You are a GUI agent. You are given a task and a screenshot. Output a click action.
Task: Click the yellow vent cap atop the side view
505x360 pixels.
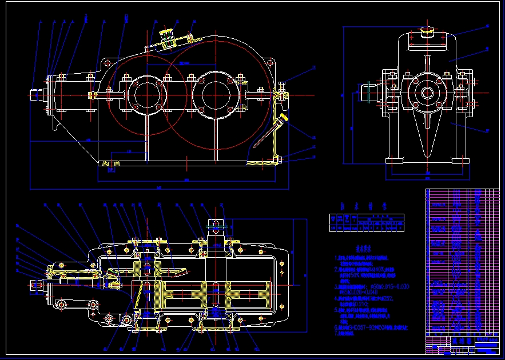coord(427,31)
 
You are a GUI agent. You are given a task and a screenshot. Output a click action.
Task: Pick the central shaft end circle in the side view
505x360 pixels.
coord(427,91)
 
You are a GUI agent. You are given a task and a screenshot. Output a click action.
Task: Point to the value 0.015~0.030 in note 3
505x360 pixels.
coord(389,286)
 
